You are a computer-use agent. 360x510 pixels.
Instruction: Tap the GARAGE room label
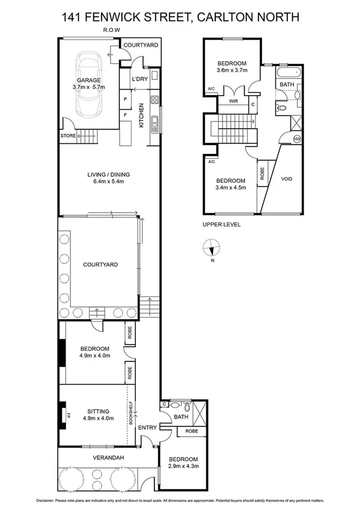coord(88,80)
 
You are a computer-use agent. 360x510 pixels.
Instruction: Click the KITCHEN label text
coord(141,115)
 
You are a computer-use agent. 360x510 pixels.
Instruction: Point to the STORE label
coord(68,136)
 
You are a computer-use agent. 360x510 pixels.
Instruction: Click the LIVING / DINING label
coord(108,175)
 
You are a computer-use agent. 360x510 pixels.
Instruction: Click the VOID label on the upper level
coord(287,179)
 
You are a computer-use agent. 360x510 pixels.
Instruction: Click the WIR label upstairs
coord(233,102)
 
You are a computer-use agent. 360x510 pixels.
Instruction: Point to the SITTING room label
coord(96,411)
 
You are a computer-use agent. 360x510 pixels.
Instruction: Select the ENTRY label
coord(147,428)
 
